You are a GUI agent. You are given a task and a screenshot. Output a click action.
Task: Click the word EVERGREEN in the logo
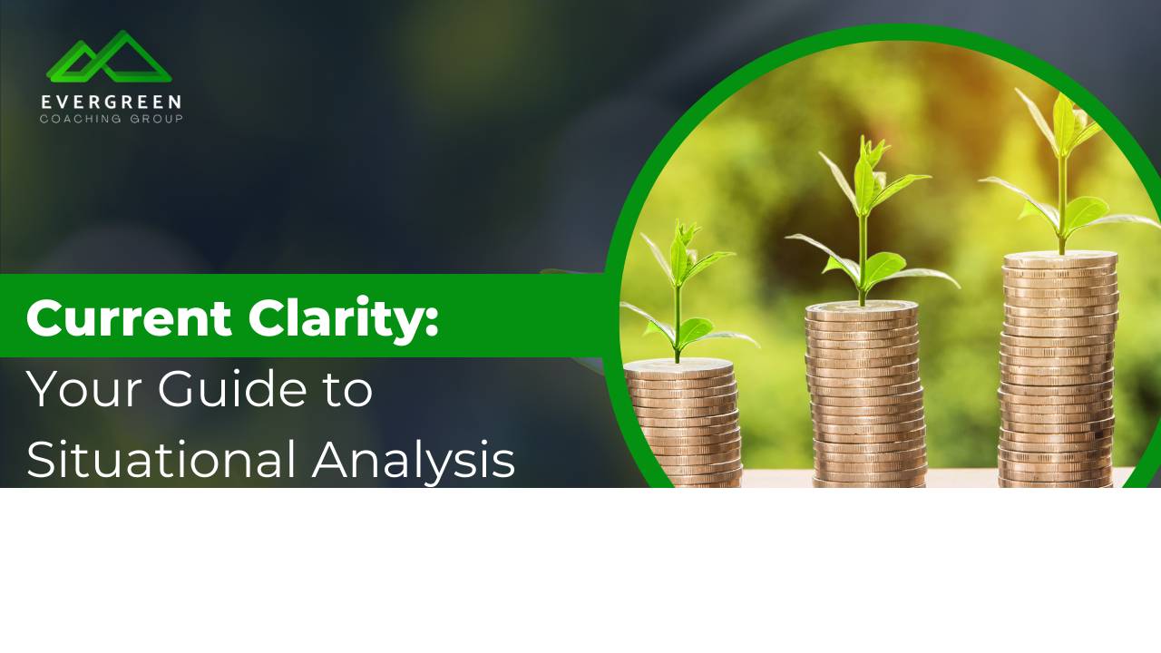(111, 102)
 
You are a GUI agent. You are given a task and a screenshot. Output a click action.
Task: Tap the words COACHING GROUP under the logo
(111, 119)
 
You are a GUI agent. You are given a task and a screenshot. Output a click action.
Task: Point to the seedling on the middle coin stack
(866, 218)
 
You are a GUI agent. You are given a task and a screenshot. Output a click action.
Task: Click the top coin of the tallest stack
(1059, 258)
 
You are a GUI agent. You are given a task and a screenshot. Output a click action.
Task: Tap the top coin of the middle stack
(862, 309)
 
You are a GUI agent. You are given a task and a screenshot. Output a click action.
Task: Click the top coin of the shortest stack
(678, 365)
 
